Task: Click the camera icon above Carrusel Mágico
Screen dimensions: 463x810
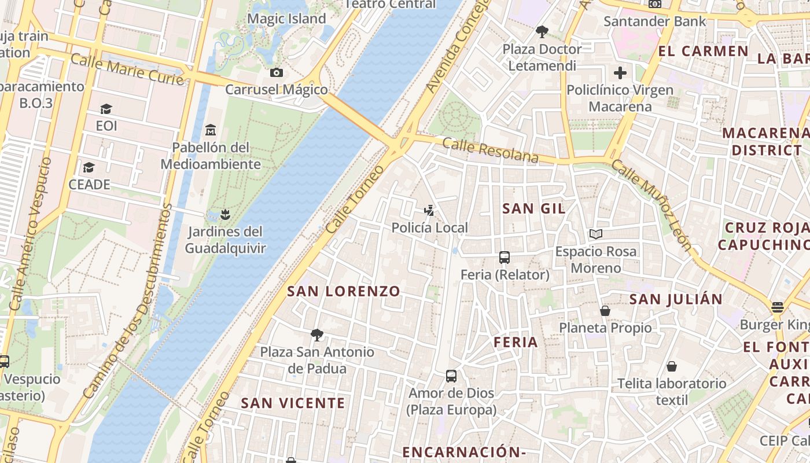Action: pyautogui.click(x=277, y=72)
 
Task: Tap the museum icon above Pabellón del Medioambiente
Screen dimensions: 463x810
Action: pyautogui.click(x=211, y=130)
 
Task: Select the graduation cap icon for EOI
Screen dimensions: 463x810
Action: pyautogui.click(x=106, y=109)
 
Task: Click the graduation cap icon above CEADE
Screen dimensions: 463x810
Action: pyautogui.click(x=89, y=167)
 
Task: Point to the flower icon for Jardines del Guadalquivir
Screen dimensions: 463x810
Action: pyautogui.click(x=225, y=215)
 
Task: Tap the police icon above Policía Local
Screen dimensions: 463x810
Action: pyautogui.click(x=429, y=210)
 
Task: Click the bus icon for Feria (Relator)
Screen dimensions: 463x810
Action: pyautogui.click(x=505, y=257)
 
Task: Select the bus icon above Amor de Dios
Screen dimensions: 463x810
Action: pyautogui.click(x=451, y=376)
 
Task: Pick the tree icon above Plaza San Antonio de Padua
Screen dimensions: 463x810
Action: pyautogui.click(x=316, y=335)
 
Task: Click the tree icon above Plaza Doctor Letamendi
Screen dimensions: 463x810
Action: pyautogui.click(x=542, y=31)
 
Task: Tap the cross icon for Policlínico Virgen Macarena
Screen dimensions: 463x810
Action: pyautogui.click(x=620, y=73)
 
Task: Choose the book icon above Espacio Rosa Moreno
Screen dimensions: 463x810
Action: pyautogui.click(x=596, y=234)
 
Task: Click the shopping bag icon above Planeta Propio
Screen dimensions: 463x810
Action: pyautogui.click(x=605, y=311)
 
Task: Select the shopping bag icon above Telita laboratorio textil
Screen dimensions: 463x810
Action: pyautogui.click(x=672, y=366)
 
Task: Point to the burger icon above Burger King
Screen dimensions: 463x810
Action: pyautogui.click(x=777, y=307)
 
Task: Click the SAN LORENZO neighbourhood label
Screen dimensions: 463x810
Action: pyautogui.click(x=344, y=291)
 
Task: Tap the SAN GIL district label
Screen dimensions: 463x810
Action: pyautogui.click(x=533, y=208)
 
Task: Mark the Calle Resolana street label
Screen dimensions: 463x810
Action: pyautogui.click(x=490, y=150)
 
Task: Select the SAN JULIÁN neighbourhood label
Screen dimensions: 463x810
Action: pyautogui.click(x=676, y=299)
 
